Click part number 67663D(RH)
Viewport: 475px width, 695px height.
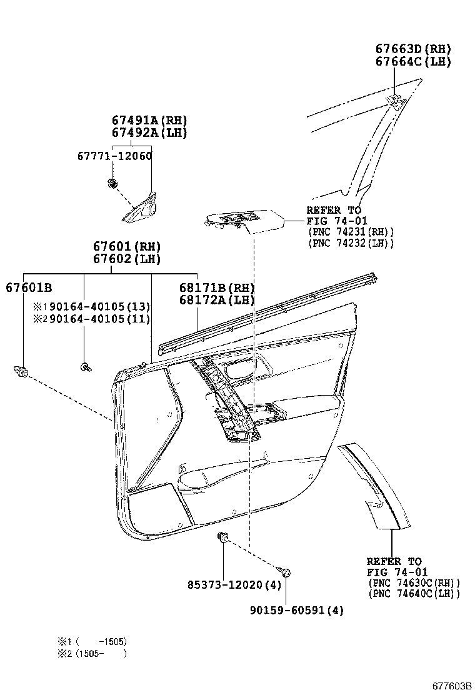(x=412, y=49)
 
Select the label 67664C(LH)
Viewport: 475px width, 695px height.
(x=412, y=61)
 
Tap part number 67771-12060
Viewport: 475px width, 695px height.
(x=132, y=156)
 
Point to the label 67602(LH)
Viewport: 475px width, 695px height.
(x=127, y=259)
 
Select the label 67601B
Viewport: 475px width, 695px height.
(x=29, y=287)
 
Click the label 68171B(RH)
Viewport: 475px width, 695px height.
(x=208, y=287)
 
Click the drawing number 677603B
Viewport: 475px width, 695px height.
(x=451, y=686)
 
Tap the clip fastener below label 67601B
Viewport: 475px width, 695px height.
(x=22, y=372)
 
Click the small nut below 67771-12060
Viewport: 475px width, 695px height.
(x=112, y=184)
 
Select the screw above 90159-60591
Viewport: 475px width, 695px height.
(x=285, y=571)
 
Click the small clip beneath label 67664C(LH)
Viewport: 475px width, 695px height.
(x=395, y=99)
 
